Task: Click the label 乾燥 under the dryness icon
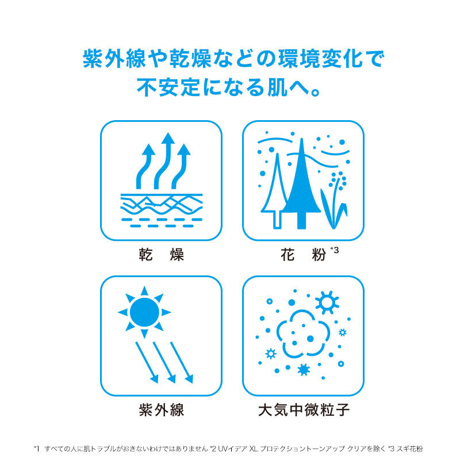pyautogui.click(x=161, y=254)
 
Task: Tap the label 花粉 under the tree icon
pyautogui.click(x=303, y=254)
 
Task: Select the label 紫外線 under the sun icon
pyautogui.click(x=162, y=409)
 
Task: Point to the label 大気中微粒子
pyautogui.click(x=304, y=409)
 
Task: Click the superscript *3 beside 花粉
pyautogui.click(x=335, y=250)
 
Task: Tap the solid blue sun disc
pyautogui.click(x=144, y=312)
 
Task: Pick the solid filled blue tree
pyautogui.click(x=301, y=183)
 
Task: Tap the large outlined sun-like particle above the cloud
pyautogui.click(x=327, y=302)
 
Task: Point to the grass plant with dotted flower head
pyautogui.click(x=335, y=202)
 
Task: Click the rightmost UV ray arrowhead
pyautogui.click(x=189, y=379)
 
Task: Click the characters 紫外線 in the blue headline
pyautogui.click(x=114, y=59)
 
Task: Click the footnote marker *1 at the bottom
pyautogui.click(x=37, y=449)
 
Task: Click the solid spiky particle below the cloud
pyautogui.click(x=304, y=370)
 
